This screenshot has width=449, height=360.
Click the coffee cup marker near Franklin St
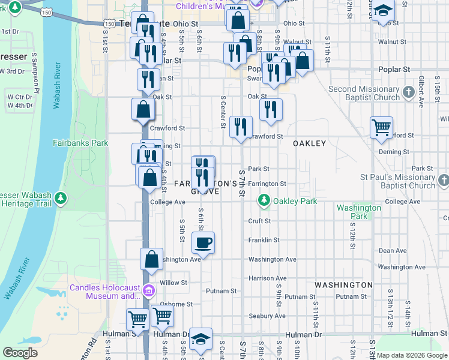(x=203, y=243)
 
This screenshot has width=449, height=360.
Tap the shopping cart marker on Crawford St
(x=381, y=127)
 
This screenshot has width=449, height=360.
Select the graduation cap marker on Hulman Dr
(x=201, y=338)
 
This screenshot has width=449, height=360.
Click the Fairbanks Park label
(x=80, y=143)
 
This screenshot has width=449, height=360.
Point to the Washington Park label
(x=359, y=212)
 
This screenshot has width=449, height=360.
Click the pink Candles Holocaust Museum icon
(x=149, y=292)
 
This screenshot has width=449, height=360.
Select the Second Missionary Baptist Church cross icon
(x=409, y=92)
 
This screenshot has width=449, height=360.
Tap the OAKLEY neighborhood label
(x=309, y=143)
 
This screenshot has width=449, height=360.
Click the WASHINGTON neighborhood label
(x=343, y=284)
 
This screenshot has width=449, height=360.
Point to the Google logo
(x=20, y=353)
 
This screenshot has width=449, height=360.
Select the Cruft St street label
(x=259, y=221)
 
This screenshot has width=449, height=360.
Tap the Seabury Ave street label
(x=267, y=316)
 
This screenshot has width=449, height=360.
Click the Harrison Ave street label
(x=267, y=278)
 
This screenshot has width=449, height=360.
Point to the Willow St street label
(x=173, y=282)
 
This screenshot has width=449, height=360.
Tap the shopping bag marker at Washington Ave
(x=152, y=259)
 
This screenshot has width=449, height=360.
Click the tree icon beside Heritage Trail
(x=60, y=198)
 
